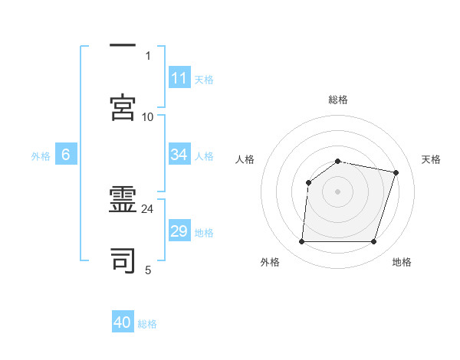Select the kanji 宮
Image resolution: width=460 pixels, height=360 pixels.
123,106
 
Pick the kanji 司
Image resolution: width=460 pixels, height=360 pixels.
123,261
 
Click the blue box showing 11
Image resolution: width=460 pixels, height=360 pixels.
179,78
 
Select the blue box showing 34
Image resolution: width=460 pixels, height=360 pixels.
179,155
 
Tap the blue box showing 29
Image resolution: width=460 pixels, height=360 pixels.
179,231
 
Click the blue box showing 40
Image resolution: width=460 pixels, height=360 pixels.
123,322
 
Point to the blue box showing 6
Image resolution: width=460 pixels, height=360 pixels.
66,155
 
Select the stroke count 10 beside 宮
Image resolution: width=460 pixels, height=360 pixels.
147,116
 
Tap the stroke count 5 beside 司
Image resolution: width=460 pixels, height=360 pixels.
148,270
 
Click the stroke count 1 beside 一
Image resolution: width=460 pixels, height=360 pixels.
148,56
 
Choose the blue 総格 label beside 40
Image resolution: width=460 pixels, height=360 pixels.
148,324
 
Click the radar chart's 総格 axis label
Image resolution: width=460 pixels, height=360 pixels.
338,100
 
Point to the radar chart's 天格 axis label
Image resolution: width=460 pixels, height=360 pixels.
432,159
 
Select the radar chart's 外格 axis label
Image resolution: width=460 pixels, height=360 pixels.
269,263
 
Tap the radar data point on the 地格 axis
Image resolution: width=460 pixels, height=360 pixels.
373,242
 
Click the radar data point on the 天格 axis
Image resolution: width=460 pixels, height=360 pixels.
396,173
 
